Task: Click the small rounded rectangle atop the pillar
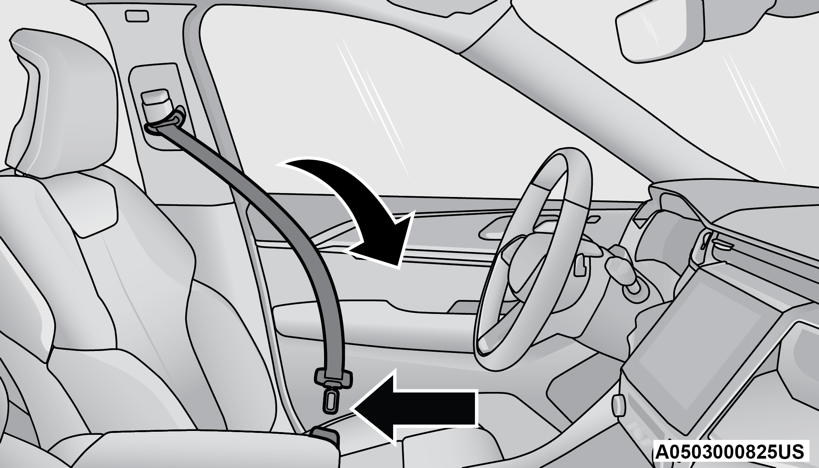pos(136,16)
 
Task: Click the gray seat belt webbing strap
pos(273,242)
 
